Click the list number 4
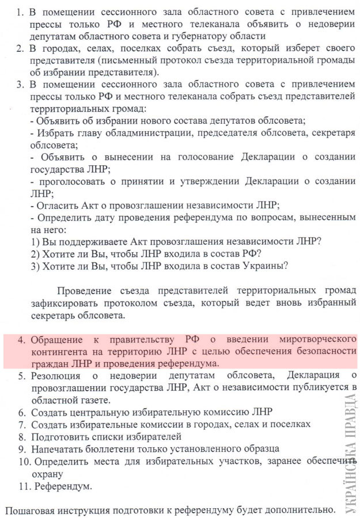(21, 340)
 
